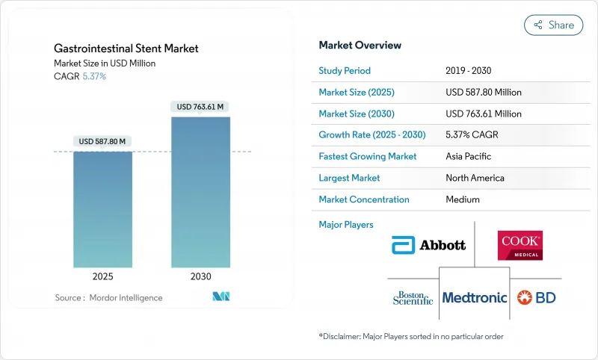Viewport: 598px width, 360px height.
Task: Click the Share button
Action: [x=553, y=25]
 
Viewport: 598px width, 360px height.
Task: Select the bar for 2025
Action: [x=102, y=209]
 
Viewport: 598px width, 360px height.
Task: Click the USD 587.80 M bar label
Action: [x=102, y=141]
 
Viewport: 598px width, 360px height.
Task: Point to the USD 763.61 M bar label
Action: [x=200, y=107]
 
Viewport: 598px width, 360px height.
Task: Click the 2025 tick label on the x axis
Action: [x=102, y=276]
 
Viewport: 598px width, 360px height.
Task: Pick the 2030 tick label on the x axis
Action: [x=200, y=276]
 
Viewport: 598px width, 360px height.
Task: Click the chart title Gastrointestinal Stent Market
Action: [x=126, y=49]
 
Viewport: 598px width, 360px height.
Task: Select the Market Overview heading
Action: [x=360, y=46]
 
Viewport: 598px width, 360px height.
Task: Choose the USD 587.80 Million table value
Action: [x=483, y=93]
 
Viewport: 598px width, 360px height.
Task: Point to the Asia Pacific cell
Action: [x=468, y=157]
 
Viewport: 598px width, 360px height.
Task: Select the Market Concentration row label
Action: [x=364, y=199]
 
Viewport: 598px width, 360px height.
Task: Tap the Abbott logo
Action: [x=428, y=244]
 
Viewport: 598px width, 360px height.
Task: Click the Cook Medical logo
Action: [x=520, y=245]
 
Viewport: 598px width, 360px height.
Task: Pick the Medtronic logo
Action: [x=475, y=297]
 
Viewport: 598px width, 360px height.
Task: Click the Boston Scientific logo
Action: [x=413, y=297]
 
